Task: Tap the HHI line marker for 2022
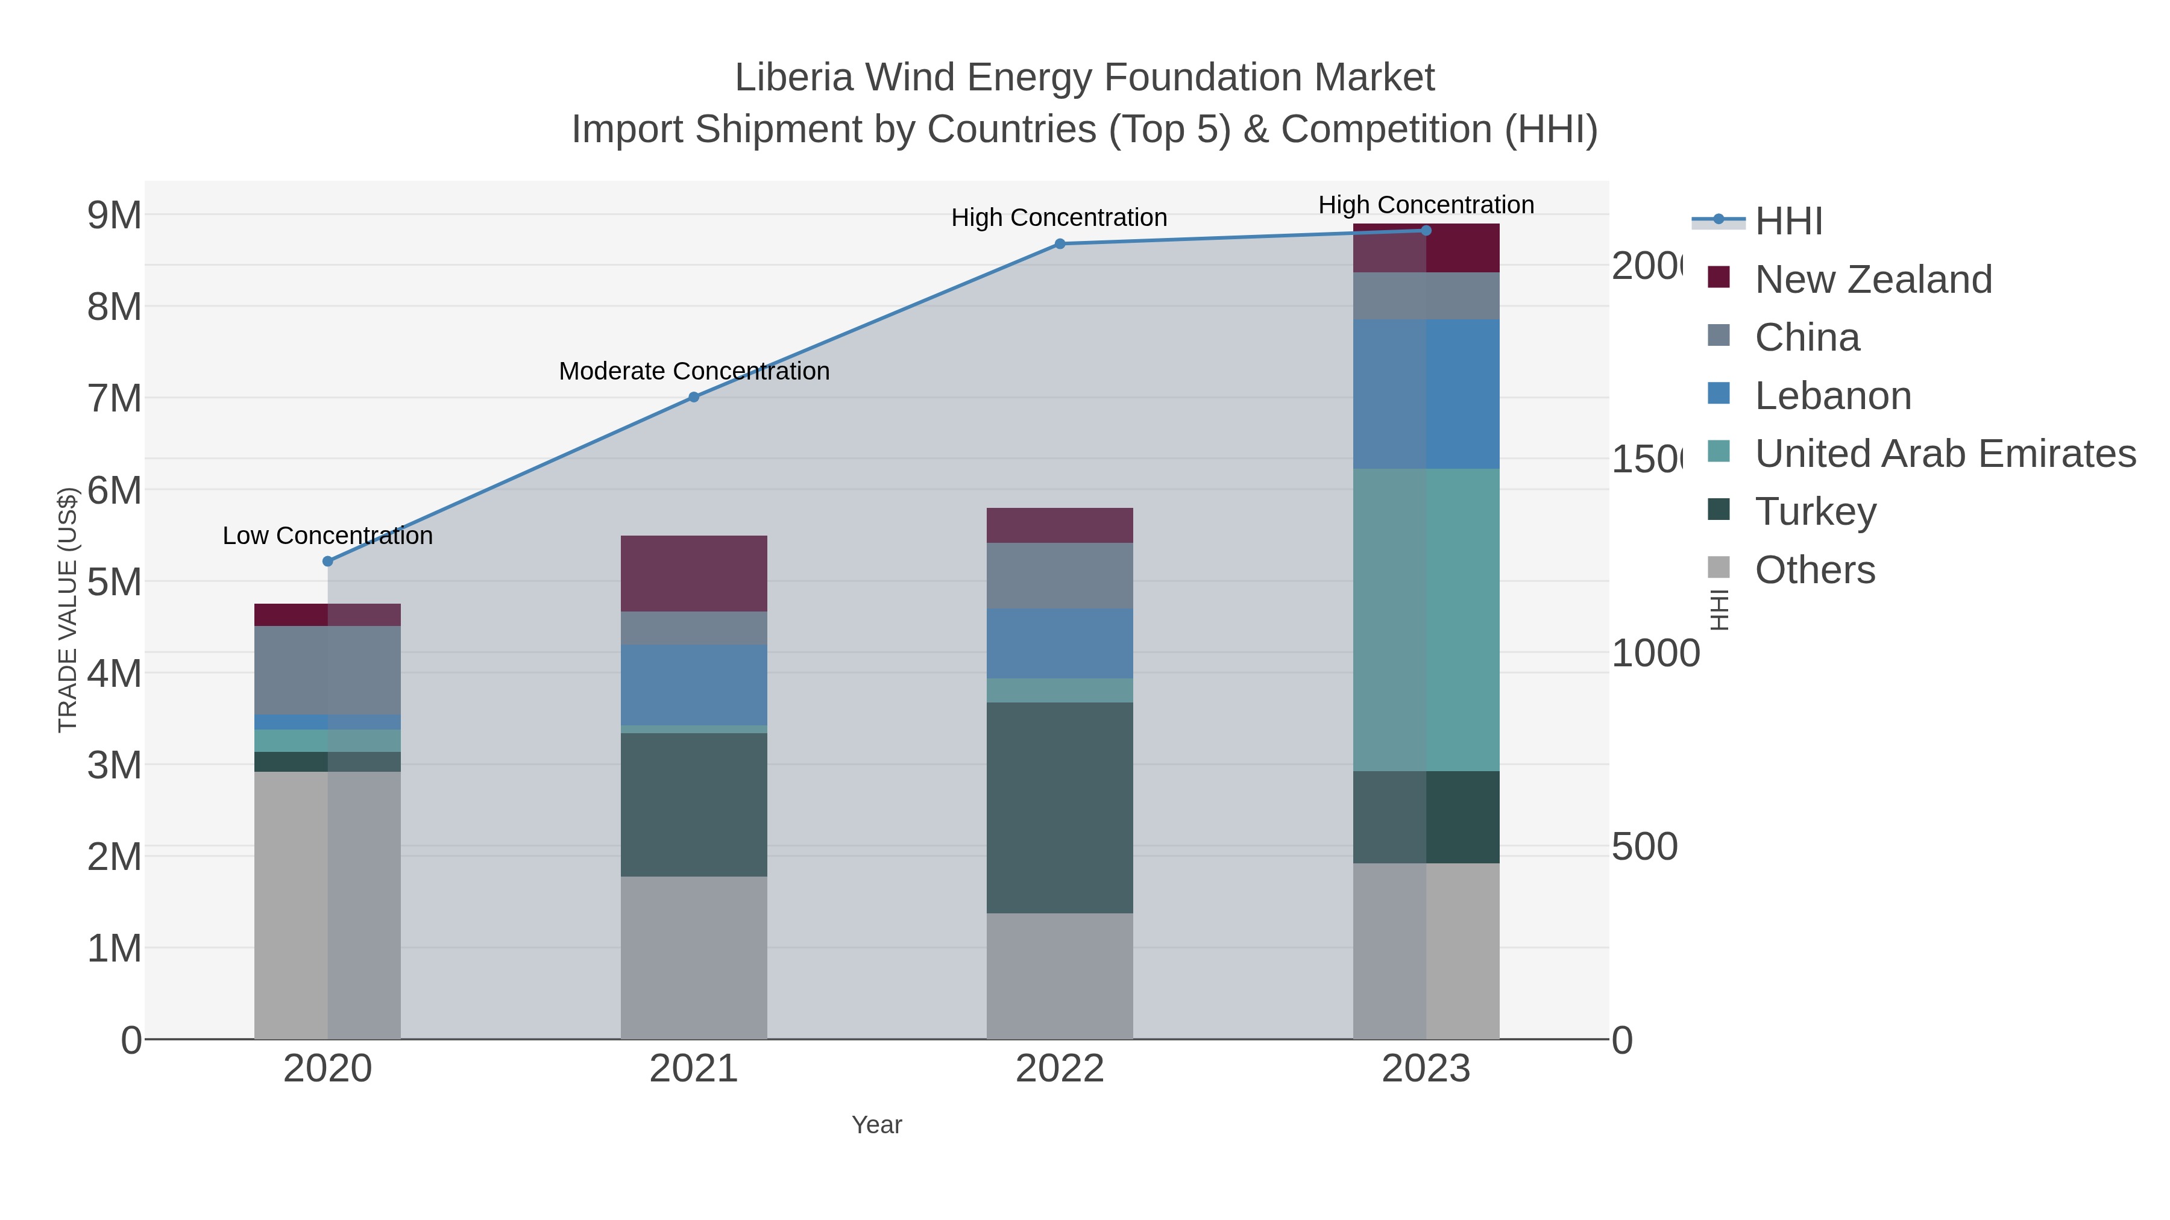[1060, 244]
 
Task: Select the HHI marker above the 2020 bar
[328, 561]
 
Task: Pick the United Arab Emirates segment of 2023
[1426, 620]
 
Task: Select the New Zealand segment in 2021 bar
[693, 574]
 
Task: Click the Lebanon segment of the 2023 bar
[1426, 393]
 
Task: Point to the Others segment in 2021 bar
[693, 957]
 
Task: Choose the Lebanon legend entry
[1832, 396]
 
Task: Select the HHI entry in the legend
[1788, 222]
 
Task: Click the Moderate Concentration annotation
[693, 371]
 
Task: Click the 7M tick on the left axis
[115, 398]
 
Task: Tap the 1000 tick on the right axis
[1655, 653]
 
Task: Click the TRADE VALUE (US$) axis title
[68, 610]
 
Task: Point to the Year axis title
[876, 1125]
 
